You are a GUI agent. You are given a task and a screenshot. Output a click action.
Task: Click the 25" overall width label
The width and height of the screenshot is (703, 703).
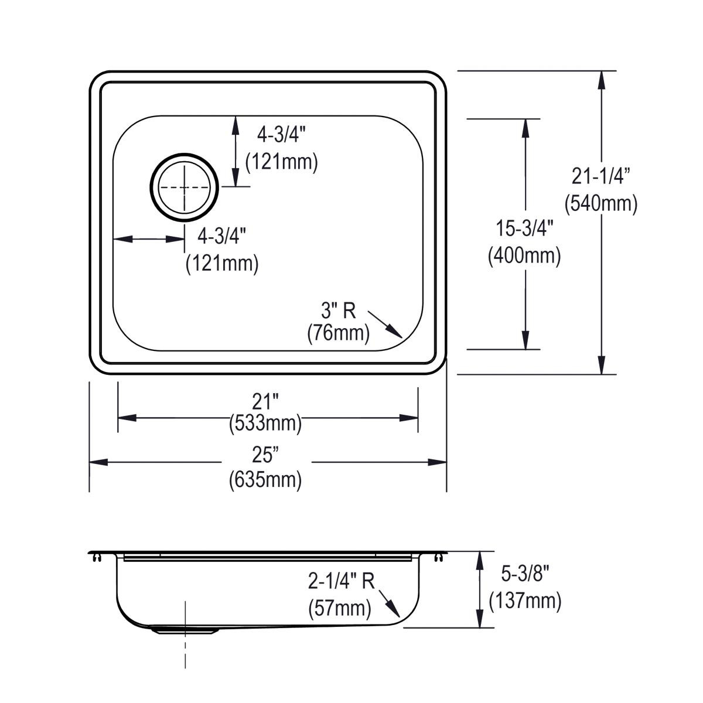(265, 455)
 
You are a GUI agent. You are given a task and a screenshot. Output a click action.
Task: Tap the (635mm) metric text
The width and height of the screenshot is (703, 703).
(265, 480)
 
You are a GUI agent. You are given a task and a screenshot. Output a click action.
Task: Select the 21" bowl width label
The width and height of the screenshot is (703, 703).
(265, 401)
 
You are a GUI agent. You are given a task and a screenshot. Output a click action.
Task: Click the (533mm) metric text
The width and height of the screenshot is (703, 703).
(265, 422)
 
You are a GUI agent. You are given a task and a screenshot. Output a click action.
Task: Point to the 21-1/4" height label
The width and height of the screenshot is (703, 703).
(600, 175)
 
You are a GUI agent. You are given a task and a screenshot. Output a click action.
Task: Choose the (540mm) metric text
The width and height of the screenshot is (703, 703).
(600, 203)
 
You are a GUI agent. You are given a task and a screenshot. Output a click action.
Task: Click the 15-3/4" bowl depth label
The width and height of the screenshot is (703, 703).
(524, 228)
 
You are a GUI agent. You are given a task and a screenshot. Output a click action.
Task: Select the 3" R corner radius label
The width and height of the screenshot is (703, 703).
(338, 310)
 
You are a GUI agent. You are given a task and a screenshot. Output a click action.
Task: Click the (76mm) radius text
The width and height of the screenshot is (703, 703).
(338, 333)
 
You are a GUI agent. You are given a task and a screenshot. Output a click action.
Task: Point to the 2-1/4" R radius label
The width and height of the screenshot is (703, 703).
(341, 581)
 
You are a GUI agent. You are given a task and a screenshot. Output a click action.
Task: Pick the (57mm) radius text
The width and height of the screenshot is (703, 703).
(340, 608)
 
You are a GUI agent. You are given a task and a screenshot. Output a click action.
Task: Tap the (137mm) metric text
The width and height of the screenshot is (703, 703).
(525, 600)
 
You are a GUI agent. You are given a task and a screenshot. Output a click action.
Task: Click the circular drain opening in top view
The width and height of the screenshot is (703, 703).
(185, 187)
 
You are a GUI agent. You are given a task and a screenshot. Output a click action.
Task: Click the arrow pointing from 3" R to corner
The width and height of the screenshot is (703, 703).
(387, 326)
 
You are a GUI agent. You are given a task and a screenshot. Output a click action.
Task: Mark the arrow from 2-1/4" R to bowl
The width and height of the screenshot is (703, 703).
(390, 604)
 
